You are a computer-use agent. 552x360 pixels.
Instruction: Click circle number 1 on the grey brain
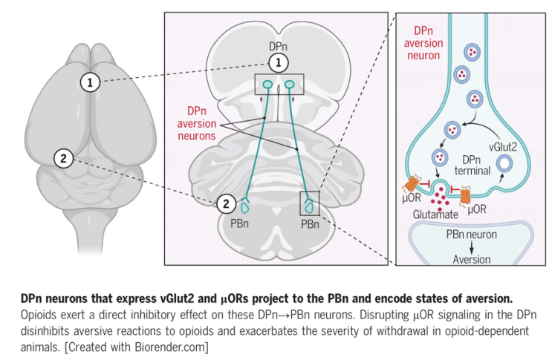click(90, 82)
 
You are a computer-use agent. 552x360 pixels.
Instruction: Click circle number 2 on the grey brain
click(64, 157)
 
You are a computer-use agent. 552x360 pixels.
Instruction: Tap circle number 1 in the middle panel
click(276, 64)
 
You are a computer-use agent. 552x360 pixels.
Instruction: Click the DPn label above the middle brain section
click(276, 47)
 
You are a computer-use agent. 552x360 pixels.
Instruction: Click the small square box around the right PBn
click(309, 203)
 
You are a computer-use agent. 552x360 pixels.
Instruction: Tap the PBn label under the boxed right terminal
click(311, 223)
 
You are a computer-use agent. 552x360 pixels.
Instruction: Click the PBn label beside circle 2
click(239, 223)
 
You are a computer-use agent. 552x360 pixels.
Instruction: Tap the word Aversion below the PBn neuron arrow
click(472, 260)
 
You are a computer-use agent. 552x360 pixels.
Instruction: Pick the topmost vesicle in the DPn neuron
click(471, 53)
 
